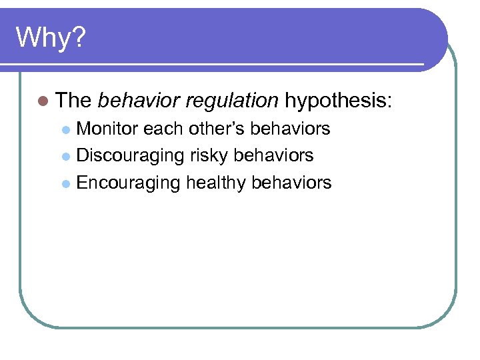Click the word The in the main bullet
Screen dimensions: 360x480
click(73, 101)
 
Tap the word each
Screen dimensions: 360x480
click(163, 129)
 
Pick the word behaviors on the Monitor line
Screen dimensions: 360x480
click(290, 129)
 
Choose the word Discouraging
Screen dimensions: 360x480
click(131, 156)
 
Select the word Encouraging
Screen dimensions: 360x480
click(129, 183)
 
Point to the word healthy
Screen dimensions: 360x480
click(216, 183)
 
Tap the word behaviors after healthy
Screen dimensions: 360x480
click(291, 183)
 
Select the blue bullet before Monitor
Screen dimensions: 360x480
click(66, 129)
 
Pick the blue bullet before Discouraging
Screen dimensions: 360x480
click(66, 157)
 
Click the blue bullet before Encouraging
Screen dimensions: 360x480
click(66, 183)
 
